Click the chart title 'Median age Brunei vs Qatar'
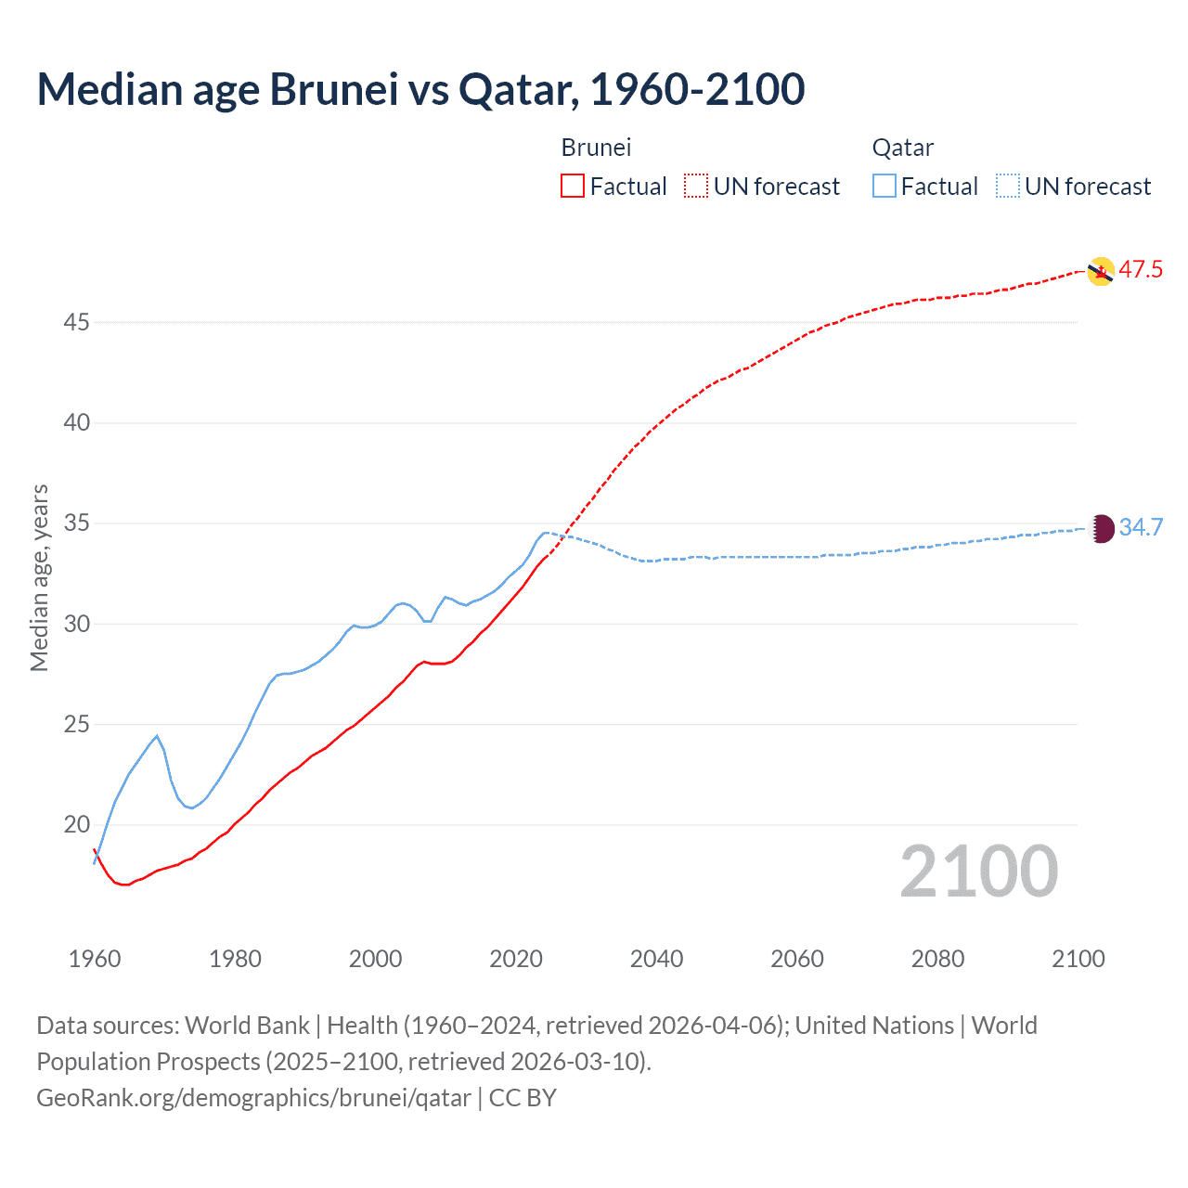click(x=420, y=90)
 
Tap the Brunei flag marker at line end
click(x=1100, y=271)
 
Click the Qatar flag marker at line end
click(x=1100, y=528)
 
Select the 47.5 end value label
click(x=1141, y=270)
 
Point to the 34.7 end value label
click(x=1141, y=527)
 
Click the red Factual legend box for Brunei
click(x=573, y=187)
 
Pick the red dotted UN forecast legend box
click(x=696, y=187)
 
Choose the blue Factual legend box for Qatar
click(x=885, y=187)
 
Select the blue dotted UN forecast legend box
click(x=1008, y=187)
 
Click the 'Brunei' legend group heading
click(x=596, y=148)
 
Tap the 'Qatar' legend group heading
click(x=902, y=148)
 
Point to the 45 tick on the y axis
click(x=77, y=323)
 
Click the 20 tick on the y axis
click(x=77, y=825)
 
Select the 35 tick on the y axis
click(x=77, y=523)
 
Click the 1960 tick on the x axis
click(x=95, y=959)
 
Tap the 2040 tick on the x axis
click(x=656, y=959)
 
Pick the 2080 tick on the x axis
click(x=937, y=959)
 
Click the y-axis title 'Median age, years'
click(x=39, y=577)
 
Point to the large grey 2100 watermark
click(x=978, y=872)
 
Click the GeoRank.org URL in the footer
click(x=253, y=1098)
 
